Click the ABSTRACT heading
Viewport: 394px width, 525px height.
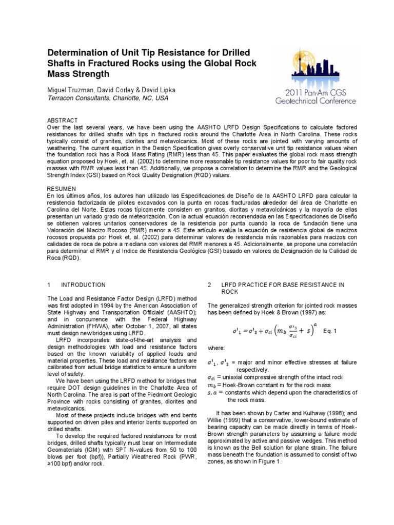(x=63, y=120)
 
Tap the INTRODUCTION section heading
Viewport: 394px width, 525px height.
(x=84, y=285)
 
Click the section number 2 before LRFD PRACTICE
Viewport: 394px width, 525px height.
(x=209, y=285)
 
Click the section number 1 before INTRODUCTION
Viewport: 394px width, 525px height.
(x=48, y=285)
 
